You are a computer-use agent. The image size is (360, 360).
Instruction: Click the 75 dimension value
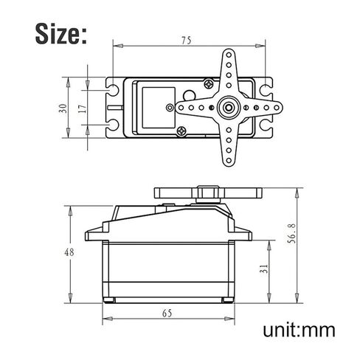[x=186, y=41]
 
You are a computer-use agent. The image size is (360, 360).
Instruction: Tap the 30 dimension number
[x=63, y=108]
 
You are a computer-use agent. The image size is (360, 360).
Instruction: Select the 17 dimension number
[x=83, y=108]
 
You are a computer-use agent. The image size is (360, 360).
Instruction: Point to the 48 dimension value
[x=69, y=252]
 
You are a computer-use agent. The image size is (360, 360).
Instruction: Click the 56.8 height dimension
[x=291, y=234]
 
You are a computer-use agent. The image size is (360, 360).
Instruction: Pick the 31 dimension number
[x=264, y=269]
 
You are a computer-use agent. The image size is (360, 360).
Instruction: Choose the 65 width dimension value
[x=167, y=314]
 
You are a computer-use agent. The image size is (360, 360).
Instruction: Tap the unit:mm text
[x=299, y=330]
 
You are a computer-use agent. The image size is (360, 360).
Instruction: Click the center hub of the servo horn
[x=229, y=108]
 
